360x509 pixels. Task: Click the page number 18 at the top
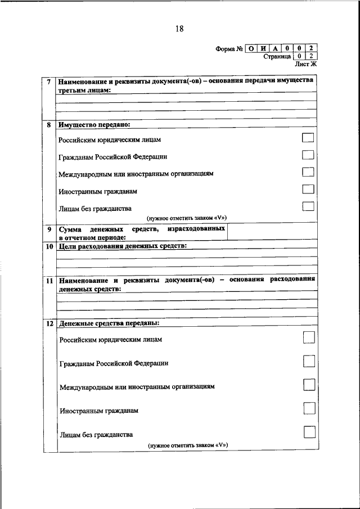(179, 29)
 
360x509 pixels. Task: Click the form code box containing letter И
(262, 48)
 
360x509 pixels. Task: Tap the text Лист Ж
(307, 64)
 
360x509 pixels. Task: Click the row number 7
(49, 82)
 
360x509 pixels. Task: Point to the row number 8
(49, 125)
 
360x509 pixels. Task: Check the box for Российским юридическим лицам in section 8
(308, 138)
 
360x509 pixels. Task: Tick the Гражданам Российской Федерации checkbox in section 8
(308, 155)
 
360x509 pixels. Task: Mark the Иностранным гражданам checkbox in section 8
(308, 189)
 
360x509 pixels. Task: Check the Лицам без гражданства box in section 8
(308, 206)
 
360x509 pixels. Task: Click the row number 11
(49, 280)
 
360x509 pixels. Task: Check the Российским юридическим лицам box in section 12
(309, 337)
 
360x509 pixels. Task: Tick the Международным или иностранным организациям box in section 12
(309, 385)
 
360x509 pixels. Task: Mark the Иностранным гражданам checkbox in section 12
(309, 408)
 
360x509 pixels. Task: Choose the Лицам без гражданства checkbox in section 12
(309, 432)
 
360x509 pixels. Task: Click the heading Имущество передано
(94, 124)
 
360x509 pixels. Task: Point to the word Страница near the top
(277, 57)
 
